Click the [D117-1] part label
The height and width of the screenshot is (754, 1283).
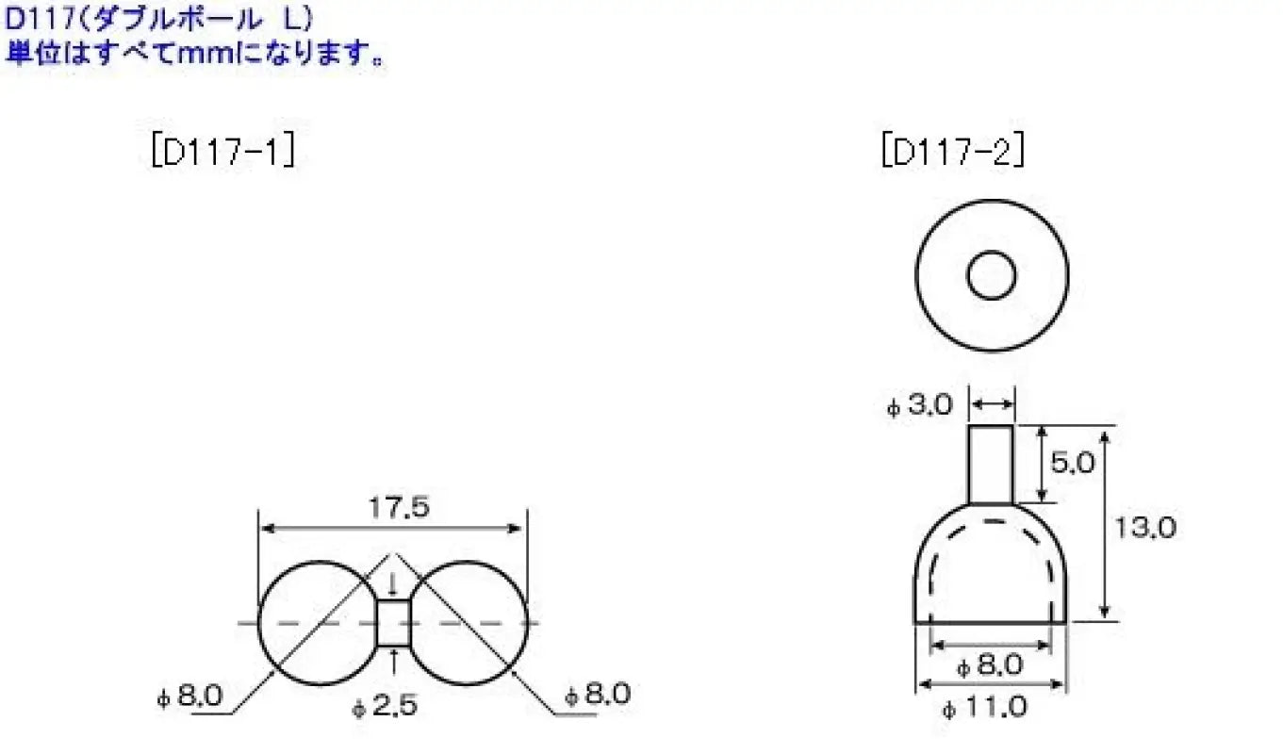pyautogui.click(x=222, y=152)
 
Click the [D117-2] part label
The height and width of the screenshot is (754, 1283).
pyautogui.click(x=952, y=152)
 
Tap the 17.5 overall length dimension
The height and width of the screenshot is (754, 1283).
pyautogui.click(x=392, y=508)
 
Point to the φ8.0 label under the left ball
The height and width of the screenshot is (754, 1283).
pyautogui.click(x=190, y=697)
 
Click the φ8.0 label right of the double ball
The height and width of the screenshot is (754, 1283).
pyautogui.click(x=597, y=696)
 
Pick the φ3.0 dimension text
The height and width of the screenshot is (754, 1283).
pyautogui.click(x=920, y=406)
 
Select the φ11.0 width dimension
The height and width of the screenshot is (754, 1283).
pyautogui.click(x=989, y=707)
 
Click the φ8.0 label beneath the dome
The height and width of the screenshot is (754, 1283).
pyautogui.click(x=989, y=665)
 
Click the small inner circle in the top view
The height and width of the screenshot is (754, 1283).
pyautogui.click(x=992, y=275)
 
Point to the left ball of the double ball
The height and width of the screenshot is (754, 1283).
pyautogui.click(x=306, y=623)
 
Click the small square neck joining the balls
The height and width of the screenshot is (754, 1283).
pyautogui.click(x=392, y=623)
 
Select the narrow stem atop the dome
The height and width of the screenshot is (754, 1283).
pyautogui.click(x=991, y=464)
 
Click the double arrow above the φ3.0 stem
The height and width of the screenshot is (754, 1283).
pyautogui.click(x=992, y=404)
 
